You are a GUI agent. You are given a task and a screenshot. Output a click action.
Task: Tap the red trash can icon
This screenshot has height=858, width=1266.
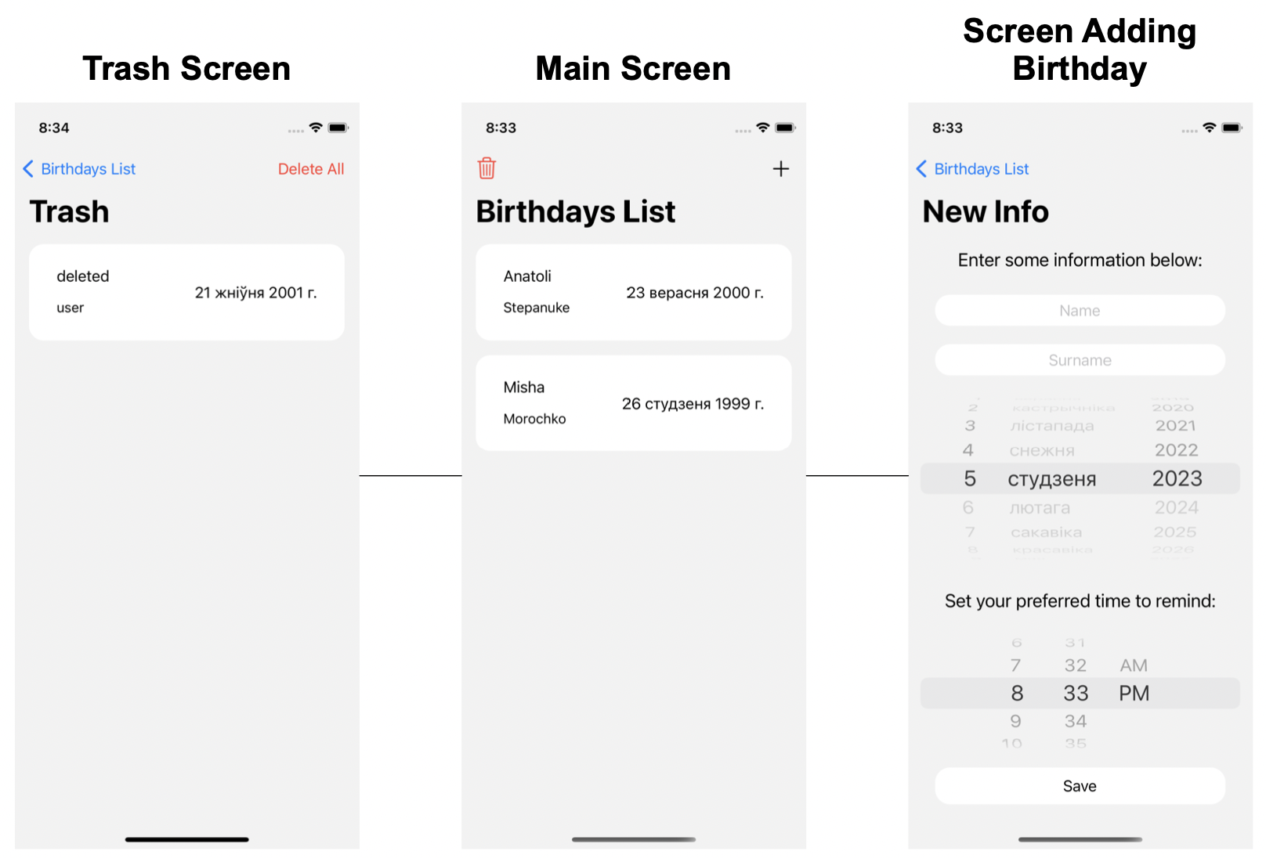click(487, 168)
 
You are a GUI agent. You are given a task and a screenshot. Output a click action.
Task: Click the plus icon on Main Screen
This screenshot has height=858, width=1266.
click(780, 168)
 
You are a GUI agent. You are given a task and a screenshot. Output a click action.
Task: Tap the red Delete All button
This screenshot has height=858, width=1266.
click(311, 169)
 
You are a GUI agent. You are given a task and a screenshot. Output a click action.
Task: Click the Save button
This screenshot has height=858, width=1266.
click(1080, 786)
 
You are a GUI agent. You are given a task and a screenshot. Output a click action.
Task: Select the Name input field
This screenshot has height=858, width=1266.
click(1080, 311)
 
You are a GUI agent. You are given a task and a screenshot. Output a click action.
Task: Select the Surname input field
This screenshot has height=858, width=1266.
click(1080, 360)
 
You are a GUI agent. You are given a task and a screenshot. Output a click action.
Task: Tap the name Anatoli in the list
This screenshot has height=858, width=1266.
click(527, 276)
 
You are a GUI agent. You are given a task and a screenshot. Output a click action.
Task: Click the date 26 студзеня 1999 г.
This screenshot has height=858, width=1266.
click(693, 404)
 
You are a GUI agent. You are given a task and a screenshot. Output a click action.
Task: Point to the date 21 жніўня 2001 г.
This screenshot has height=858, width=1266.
click(255, 293)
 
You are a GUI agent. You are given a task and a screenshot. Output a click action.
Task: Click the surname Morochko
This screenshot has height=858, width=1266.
click(534, 419)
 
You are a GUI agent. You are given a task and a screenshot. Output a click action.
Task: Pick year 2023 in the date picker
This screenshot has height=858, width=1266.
click(1177, 478)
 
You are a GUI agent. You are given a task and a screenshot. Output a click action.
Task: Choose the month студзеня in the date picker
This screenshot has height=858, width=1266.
click(1051, 479)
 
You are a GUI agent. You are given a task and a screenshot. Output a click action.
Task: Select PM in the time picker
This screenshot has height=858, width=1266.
click(1134, 694)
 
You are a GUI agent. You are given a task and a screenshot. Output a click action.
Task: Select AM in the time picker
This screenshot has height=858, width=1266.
click(1133, 665)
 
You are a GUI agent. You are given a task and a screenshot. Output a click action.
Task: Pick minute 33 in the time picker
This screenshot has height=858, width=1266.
click(1076, 694)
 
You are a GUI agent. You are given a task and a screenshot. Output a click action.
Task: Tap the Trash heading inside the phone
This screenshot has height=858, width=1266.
click(69, 212)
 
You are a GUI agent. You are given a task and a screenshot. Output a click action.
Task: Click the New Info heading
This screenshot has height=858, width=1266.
click(986, 212)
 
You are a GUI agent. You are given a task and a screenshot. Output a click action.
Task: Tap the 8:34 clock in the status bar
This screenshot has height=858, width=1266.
click(54, 128)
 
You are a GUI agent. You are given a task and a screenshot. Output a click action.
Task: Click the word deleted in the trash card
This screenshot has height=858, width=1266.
click(83, 276)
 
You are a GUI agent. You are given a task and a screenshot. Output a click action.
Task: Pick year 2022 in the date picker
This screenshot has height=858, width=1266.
click(1176, 450)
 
